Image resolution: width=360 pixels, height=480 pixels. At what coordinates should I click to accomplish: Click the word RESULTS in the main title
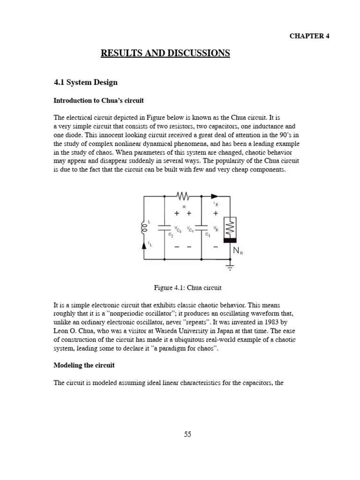[x=120, y=53]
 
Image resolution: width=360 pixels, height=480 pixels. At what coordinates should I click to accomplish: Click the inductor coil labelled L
[x=144, y=229]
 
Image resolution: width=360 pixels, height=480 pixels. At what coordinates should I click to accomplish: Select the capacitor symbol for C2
[x=165, y=228]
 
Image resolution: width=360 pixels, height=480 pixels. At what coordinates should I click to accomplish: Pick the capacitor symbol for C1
[x=201, y=228]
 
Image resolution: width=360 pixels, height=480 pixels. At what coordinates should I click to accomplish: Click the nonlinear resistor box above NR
[x=230, y=228]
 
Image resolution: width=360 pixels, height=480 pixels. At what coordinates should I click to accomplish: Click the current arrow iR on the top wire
[x=215, y=197]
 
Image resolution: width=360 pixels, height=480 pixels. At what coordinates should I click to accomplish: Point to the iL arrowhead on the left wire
[x=144, y=245]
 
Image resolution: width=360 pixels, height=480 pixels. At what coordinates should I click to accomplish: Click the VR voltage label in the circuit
[x=215, y=229]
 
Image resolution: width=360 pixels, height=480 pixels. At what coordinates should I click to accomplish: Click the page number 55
[x=187, y=434]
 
